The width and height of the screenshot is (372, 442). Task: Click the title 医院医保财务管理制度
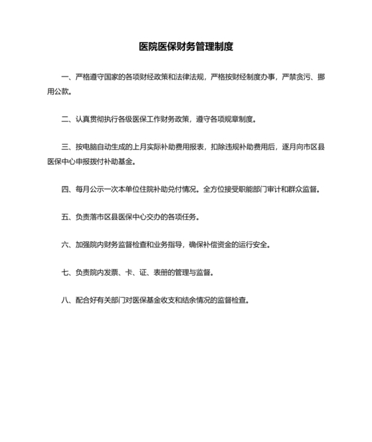186,47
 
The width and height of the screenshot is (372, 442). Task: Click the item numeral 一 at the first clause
64,77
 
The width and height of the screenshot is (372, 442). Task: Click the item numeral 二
64,120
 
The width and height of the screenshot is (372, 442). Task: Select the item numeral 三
64,146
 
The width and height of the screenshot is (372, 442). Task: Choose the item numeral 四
64,189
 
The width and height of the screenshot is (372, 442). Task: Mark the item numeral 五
64,217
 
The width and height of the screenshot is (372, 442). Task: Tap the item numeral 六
64,245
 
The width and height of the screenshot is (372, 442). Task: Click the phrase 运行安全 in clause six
254,245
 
